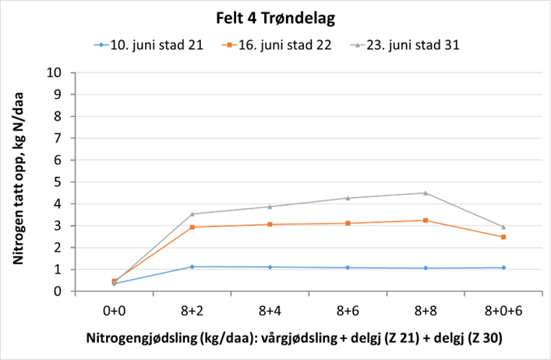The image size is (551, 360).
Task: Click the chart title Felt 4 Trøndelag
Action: pyautogui.click(x=275, y=16)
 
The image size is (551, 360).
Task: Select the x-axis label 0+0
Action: pyautogui.click(x=114, y=310)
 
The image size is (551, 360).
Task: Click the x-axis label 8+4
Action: pyautogui.click(x=270, y=310)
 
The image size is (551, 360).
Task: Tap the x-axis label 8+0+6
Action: pyautogui.click(x=503, y=310)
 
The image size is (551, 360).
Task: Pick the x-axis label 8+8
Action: pyautogui.click(x=426, y=310)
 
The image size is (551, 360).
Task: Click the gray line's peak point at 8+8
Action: pyautogui.click(x=426, y=192)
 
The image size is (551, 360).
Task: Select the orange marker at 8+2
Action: pyautogui.click(x=192, y=228)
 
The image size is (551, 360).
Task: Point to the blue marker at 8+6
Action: pyautogui.click(x=348, y=268)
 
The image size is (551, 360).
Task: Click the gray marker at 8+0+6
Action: pyautogui.click(x=503, y=227)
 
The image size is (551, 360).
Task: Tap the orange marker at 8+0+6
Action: pyautogui.click(x=503, y=237)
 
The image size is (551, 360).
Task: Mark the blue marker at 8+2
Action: pyautogui.click(x=192, y=266)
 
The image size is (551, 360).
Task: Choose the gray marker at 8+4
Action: pyautogui.click(x=270, y=206)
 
